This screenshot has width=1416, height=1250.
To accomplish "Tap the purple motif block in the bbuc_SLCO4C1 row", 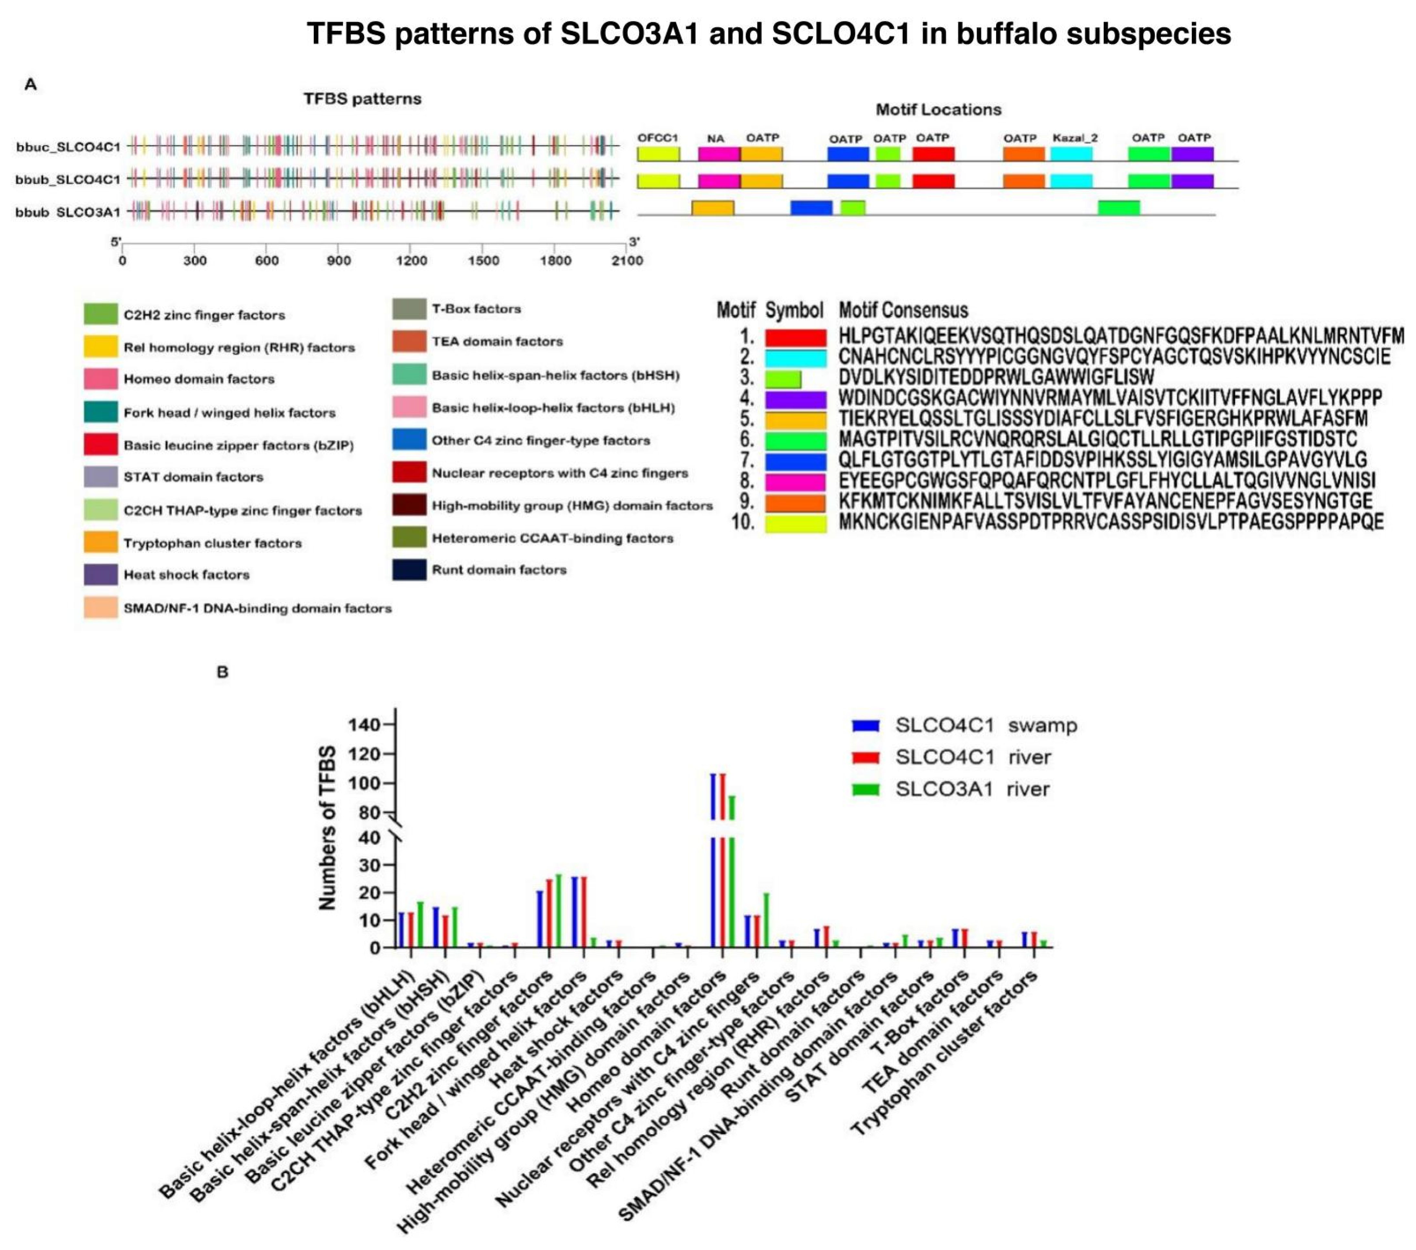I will tap(1192, 154).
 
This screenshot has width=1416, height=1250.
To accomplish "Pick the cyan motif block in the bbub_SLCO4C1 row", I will tap(1071, 181).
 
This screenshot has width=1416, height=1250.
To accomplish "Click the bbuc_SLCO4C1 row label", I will tap(68, 147).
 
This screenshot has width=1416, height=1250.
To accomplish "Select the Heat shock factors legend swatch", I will tap(101, 574).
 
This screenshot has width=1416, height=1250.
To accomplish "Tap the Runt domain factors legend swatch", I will tap(409, 569).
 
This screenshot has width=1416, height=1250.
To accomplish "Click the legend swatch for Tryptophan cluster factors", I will tap(101, 542).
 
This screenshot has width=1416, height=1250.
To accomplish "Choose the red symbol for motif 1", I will tap(795, 337).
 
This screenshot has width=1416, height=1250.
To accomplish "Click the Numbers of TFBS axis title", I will tap(327, 828).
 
